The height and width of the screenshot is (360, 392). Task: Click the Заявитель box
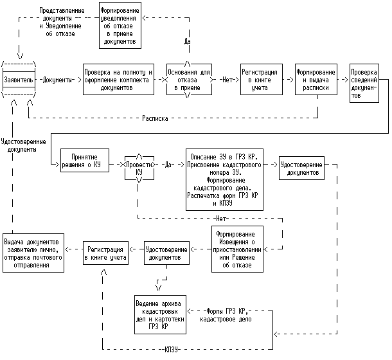tap(19, 80)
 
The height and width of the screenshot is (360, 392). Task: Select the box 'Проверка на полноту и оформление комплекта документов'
tap(117, 80)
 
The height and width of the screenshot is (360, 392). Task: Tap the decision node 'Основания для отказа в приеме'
tap(187, 80)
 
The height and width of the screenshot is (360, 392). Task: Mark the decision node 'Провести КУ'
tap(139, 165)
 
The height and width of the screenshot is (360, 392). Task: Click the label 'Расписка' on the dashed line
tap(155, 118)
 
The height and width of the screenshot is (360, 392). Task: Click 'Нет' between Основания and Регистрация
tap(226, 80)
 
